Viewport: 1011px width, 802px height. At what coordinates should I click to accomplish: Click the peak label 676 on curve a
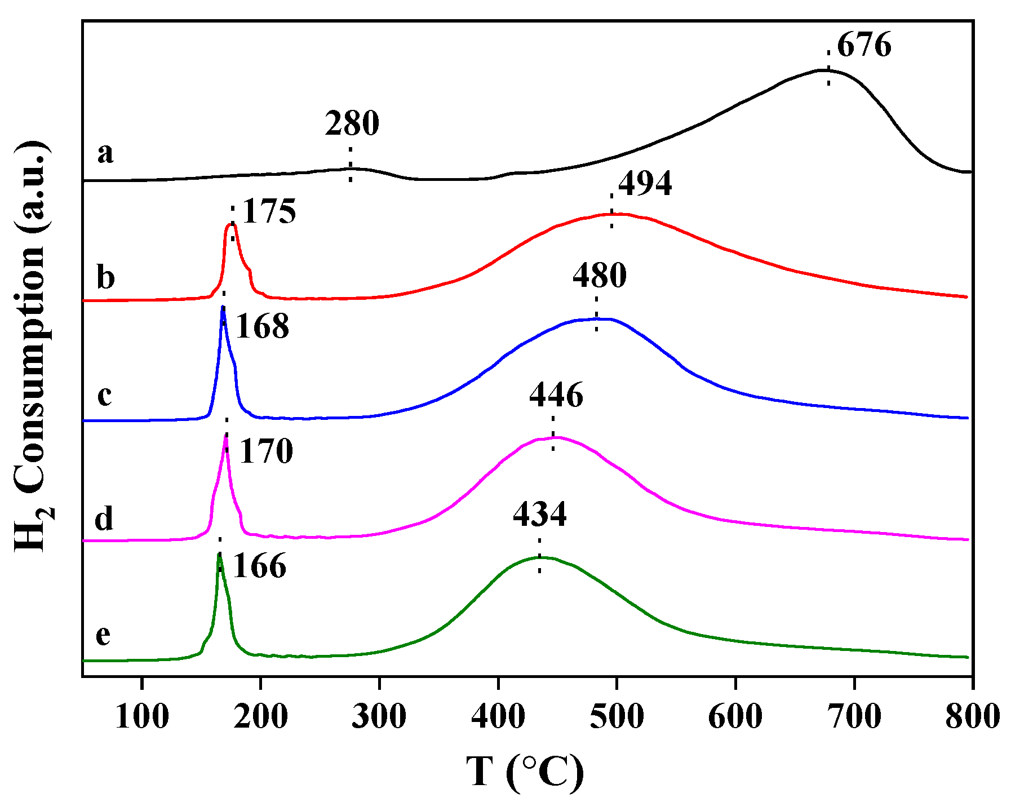pyautogui.click(x=864, y=46)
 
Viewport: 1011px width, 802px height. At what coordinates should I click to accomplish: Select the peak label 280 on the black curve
pyautogui.click(x=352, y=124)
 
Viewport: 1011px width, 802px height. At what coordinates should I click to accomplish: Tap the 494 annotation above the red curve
pyautogui.click(x=645, y=184)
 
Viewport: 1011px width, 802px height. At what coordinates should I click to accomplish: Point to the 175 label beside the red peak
pyautogui.click(x=269, y=212)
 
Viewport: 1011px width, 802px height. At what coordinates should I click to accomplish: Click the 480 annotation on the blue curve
pyautogui.click(x=600, y=276)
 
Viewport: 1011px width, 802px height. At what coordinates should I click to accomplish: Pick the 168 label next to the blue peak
pyautogui.click(x=262, y=326)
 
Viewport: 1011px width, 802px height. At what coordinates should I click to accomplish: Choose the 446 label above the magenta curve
pyautogui.click(x=556, y=395)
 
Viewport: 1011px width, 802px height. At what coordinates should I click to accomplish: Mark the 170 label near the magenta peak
pyautogui.click(x=266, y=451)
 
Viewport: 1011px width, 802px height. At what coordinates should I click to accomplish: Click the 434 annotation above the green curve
pyautogui.click(x=539, y=515)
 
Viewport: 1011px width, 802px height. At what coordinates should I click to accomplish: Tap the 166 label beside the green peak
pyautogui.click(x=259, y=566)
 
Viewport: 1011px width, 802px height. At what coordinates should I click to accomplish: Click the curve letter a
pyautogui.click(x=105, y=154)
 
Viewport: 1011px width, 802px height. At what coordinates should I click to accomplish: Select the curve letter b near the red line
pyautogui.click(x=105, y=277)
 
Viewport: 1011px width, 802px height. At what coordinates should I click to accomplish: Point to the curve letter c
pyautogui.click(x=105, y=396)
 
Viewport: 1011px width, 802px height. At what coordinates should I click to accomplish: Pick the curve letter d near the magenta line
pyautogui.click(x=104, y=518)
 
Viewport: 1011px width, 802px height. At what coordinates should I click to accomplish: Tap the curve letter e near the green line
pyautogui.click(x=103, y=635)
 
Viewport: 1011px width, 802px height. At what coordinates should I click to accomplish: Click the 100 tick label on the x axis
pyautogui.click(x=141, y=717)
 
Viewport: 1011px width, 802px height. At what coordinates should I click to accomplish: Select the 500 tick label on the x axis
pyautogui.click(x=617, y=717)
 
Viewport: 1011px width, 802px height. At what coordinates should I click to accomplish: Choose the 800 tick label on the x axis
pyautogui.click(x=972, y=717)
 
